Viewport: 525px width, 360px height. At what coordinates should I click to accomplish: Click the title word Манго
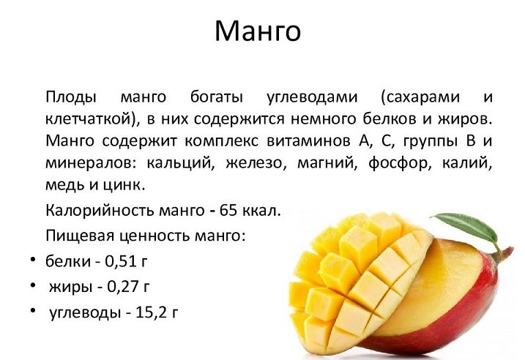(258, 31)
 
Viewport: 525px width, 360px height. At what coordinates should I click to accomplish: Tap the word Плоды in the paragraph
(71, 97)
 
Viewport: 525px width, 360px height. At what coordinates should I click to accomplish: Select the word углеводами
(312, 97)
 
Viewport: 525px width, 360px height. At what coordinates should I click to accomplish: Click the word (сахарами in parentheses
(420, 97)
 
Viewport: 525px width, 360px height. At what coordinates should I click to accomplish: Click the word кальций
(180, 163)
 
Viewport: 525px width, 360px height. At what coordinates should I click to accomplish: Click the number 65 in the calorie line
(228, 211)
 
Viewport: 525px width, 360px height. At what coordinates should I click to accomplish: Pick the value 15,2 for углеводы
(149, 312)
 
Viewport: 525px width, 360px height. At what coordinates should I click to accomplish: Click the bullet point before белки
(32, 260)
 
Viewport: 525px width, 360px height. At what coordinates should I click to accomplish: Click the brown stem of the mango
(502, 255)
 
